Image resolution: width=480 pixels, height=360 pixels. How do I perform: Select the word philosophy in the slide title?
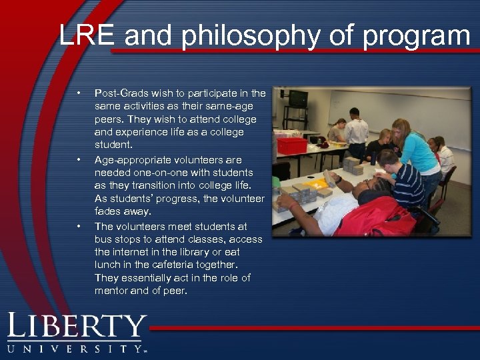(x=257, y=36)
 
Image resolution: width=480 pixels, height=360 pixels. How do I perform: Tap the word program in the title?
(x=416, y=36)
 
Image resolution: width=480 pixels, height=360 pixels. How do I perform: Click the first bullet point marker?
(x=79, y=93)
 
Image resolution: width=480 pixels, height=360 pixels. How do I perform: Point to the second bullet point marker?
(x=79, y=160)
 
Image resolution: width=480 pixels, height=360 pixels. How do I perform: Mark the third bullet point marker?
(x=79, y=227)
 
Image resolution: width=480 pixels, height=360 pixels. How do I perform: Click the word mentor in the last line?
(x=112, y=291)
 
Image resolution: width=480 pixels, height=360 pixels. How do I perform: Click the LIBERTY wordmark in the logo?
(x=77, y=327)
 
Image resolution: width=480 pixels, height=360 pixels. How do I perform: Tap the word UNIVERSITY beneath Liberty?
(x=75, y=349)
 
